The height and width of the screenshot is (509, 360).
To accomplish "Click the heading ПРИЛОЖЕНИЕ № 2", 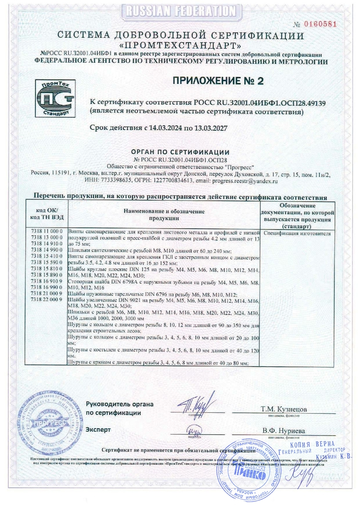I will click(x=218, y=81).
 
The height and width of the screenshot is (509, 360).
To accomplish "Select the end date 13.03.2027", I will click(x=210, y=128).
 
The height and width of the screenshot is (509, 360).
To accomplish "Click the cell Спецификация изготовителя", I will click(x=298, y=234).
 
